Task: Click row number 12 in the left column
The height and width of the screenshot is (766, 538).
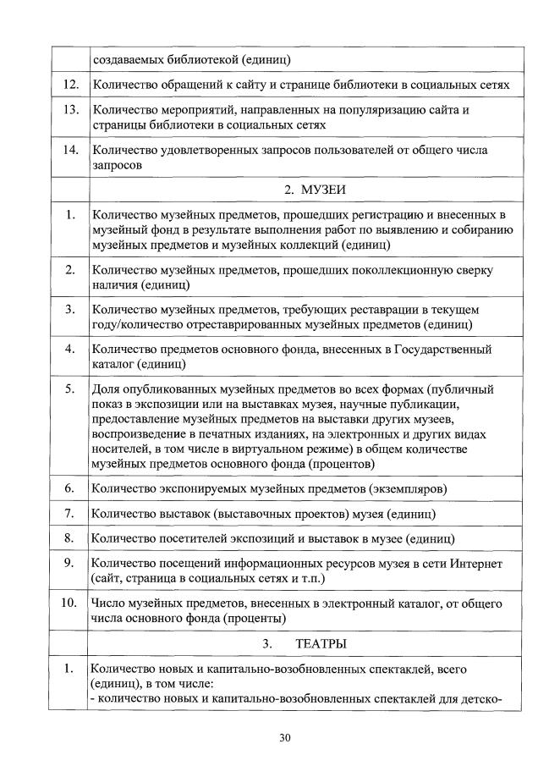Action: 72,85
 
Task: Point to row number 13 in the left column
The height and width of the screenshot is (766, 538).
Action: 72,110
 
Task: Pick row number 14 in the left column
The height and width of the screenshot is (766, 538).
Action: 72,150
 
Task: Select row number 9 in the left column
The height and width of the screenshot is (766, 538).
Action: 72,562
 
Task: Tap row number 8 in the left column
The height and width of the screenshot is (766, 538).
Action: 72,537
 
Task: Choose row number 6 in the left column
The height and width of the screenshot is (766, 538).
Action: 72,488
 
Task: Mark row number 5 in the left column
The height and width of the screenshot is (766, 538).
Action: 72,389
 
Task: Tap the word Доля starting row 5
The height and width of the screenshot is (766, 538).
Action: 106,389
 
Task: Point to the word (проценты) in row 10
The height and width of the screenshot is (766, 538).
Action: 259,619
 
